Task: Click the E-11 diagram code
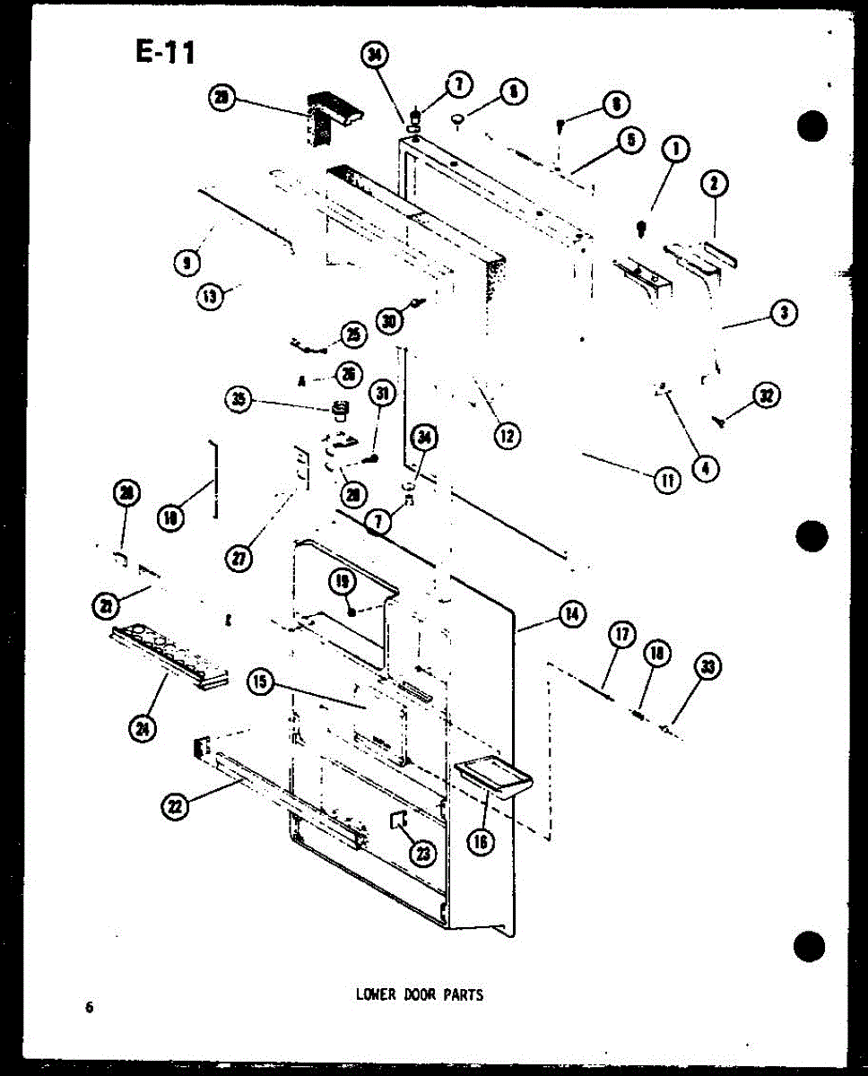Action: [x=164, y=53]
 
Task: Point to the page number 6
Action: [x=89, y=1007]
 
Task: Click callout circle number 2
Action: [x=714, y=185]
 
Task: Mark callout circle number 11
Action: [x=666, y=481]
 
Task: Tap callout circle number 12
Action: [x=507, y=436]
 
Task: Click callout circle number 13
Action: [x=210, y=296]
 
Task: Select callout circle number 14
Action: [x=570, y=614]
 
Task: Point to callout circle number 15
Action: [x=261, y=682]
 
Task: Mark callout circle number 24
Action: [x=142, y=729]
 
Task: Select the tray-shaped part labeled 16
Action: [x=493, y=776]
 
